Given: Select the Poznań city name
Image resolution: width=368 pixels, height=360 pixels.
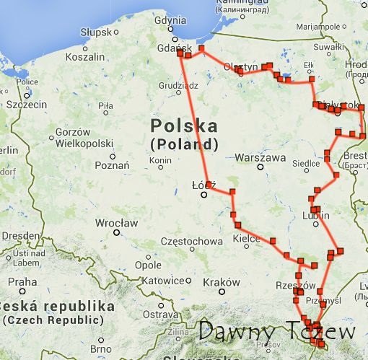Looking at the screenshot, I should coord(112,165).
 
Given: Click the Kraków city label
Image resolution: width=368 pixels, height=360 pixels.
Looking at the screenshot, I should coord(221,281).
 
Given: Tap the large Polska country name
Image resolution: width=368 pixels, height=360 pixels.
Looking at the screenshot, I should coord(184,126).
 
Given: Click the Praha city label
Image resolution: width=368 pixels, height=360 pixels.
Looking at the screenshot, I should coord(22,281).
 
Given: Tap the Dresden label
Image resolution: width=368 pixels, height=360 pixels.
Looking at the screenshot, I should coord(17,236).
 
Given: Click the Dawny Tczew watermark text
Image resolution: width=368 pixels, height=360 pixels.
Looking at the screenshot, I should coord(277,333).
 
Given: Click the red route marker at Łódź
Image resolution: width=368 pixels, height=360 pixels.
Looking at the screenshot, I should coord(209,184).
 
